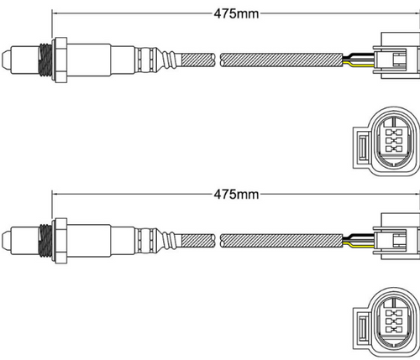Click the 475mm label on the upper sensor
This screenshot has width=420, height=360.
(236, 13)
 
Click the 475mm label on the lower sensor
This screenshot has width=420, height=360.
(236, 194)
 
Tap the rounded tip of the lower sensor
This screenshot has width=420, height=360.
(6, 240)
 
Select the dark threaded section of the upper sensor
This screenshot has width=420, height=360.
(45, 60)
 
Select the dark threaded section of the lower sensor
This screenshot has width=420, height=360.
(45, 241)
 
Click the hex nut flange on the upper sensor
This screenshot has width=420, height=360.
(60, 60)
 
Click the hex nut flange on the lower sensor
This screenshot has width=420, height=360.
(60, 241)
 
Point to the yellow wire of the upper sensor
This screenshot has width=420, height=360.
(359, 65)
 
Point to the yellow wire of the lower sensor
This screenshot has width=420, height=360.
(359, 246)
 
